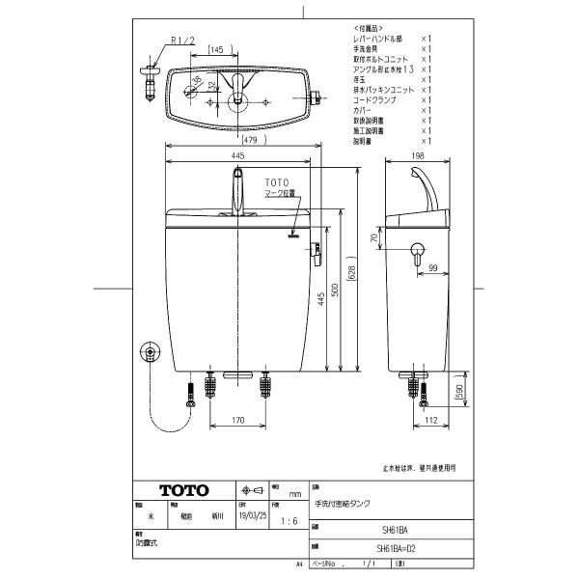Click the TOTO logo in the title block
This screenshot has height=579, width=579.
pos(178,490)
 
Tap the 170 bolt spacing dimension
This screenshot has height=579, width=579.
pos(237,420)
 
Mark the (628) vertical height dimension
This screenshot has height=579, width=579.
pos(353,273)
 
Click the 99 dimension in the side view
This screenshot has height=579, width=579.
pos(433,266)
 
